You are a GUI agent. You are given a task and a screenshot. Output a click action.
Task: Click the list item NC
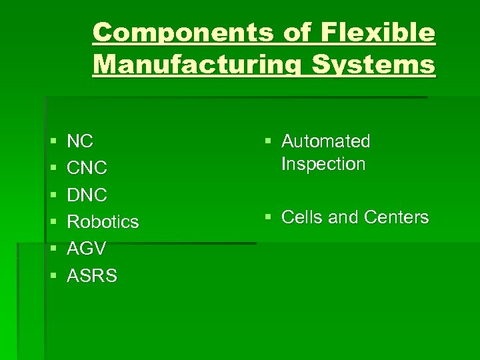[81, 141]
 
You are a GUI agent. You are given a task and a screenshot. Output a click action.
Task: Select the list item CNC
[87, 168]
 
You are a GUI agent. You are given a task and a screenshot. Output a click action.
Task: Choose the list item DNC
[87, 195]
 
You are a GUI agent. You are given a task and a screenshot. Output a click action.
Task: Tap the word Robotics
[103, 222]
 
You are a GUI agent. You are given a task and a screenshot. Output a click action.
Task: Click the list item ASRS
[93, 275]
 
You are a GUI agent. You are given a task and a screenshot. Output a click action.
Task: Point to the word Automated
[326, 141]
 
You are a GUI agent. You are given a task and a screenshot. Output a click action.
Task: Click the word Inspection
[323, 164]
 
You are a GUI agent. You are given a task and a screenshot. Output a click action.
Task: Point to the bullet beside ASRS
[53, 276]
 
